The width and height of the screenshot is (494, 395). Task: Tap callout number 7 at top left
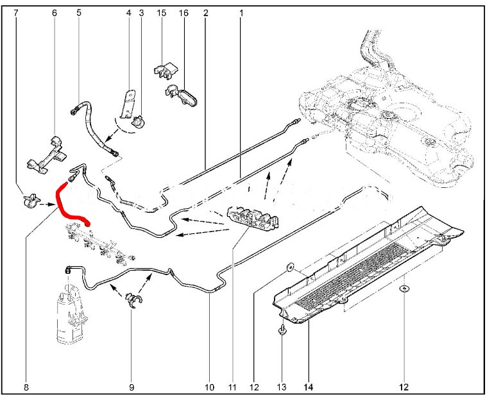(x=16, y=13)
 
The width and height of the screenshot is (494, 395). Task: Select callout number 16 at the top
(x=183, y=13)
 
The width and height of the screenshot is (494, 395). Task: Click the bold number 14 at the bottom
(x=309, y=387)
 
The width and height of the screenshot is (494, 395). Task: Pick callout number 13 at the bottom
(x=282, y=387)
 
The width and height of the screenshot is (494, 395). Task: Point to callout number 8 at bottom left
(x=26, y=387)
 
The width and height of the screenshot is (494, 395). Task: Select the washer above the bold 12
(x=404, y=289)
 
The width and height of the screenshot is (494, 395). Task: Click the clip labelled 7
(x=32, y=201)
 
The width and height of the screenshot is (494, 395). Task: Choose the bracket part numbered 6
(x=47, y=155)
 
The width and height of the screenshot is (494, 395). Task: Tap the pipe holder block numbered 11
(x=253, y=218)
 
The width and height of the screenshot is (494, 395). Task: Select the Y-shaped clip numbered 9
(x=133, y=300)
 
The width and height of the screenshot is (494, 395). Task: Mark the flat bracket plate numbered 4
(x=128, y=104)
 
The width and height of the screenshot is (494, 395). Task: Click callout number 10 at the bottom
(x=209, y=387)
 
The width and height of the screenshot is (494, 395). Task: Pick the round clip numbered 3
(x=139, y=122)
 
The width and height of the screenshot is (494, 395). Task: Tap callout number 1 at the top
(x=241, y=13)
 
